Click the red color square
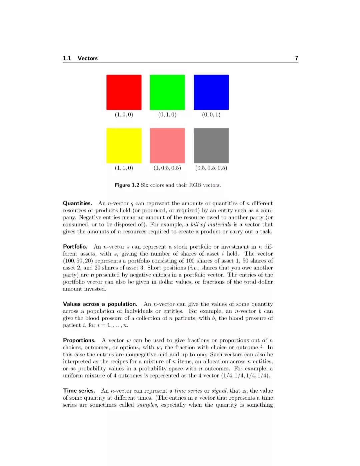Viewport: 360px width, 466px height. tap(124, 92)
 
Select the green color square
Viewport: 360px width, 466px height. tap(167, 92)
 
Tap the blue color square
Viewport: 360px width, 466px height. tap(211, 92)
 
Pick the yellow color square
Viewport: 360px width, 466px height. tap(124, 146)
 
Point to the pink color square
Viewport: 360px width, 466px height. tap(167, 146)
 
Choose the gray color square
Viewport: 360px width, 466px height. tap(211, 146)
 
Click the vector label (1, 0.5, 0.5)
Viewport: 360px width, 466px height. tap(167, 168)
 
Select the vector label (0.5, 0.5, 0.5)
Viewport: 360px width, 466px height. tap(211, 168)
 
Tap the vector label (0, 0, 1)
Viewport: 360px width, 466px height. tap(211, 115)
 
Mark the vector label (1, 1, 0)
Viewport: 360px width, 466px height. tap(124, 168)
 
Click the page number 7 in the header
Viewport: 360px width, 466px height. tap(297, 58)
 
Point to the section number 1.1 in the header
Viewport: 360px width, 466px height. tap(67, 58)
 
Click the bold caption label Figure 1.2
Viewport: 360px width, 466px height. tap(127, 185)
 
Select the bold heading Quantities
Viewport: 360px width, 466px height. tap(77, 203)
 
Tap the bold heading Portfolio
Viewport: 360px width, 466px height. tap(75, 247)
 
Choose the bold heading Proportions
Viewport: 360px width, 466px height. tap(79, 341)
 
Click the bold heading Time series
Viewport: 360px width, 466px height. tap(79, 391)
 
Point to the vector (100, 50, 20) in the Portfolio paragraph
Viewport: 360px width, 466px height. tap(78, 261)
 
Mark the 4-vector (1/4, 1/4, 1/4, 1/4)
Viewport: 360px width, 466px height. tap(246, 376)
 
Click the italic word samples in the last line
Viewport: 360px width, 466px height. tap(147, 405)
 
